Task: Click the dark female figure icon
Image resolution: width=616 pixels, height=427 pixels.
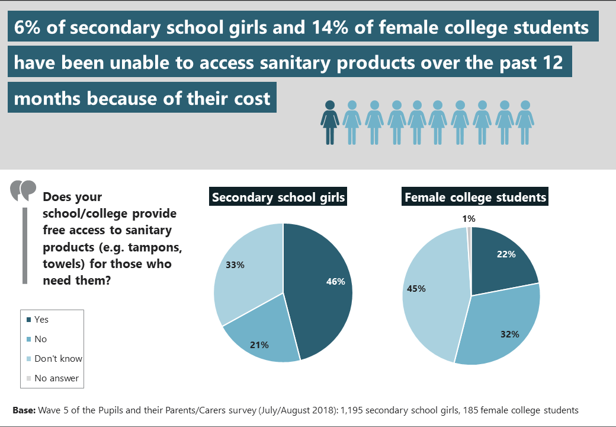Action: pyautogui.click(x=330, y=122)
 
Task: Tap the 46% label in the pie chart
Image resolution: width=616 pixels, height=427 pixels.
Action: pyautogui.click(x=335, y=282)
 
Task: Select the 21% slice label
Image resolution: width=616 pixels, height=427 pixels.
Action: pyautogui.click(x=259, y=345)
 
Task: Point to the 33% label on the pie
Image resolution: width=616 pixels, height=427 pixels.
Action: pyautogui.click(x=235, y=265)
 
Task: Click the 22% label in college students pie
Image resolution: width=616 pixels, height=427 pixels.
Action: pyautogui.click(x=506, y=254)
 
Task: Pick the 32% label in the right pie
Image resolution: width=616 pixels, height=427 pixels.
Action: pyautogui.click(x=509, y=334)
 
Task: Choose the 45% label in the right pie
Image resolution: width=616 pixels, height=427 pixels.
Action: pyautogui.click(x=415, y=288)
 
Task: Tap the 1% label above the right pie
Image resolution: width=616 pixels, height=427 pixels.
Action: pyautogui.click(x=468, y=219)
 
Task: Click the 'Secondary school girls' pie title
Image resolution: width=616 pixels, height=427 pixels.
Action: pyautogui.click(x=278, y=197)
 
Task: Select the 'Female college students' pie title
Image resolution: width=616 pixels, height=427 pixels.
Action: pyautogui.click(x=475, y=197)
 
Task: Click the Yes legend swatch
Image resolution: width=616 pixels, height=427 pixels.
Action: pyautogui.click(x=28, y=320)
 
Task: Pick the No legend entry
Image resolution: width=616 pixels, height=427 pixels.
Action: pyautogui.click(x=40, y=339)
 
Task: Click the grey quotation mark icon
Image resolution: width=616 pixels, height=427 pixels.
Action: pyautogui.click(x=23, y=190)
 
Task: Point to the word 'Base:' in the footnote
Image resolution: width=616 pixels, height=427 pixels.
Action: pyautogui.click(x=24, y=410)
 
